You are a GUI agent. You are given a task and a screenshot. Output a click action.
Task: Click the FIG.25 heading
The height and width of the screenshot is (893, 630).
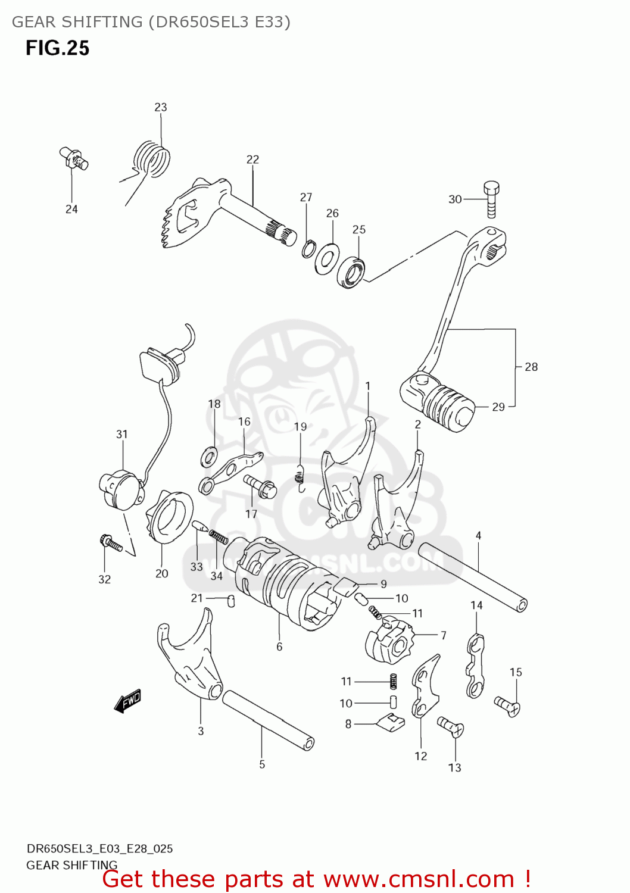click(x=57, y=48)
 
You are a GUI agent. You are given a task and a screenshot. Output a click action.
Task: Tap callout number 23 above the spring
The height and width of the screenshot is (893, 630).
click(x=161, y=107)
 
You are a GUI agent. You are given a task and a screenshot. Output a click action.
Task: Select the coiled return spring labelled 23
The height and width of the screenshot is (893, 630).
click(x=151, y=158)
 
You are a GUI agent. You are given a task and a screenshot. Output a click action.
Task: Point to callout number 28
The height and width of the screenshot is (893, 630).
click(x=531, y=367)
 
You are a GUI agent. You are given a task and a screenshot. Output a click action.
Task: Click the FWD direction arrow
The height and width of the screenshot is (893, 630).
click(x=127, y=701)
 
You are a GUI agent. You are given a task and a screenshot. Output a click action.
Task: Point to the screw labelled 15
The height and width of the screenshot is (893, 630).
click(x=508, y=706)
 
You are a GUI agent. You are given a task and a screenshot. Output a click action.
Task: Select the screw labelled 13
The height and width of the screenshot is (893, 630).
click(x=451, y=726)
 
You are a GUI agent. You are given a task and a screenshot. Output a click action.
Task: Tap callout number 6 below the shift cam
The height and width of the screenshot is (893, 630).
click(x=279, y=647)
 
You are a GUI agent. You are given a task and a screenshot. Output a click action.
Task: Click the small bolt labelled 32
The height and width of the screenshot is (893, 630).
click(x=111, y=542)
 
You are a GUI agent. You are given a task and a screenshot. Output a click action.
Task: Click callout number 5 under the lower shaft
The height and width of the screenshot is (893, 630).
click(x=262, y=764)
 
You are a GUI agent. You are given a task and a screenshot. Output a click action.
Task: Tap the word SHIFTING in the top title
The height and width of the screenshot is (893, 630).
click(x=102, y=22)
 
